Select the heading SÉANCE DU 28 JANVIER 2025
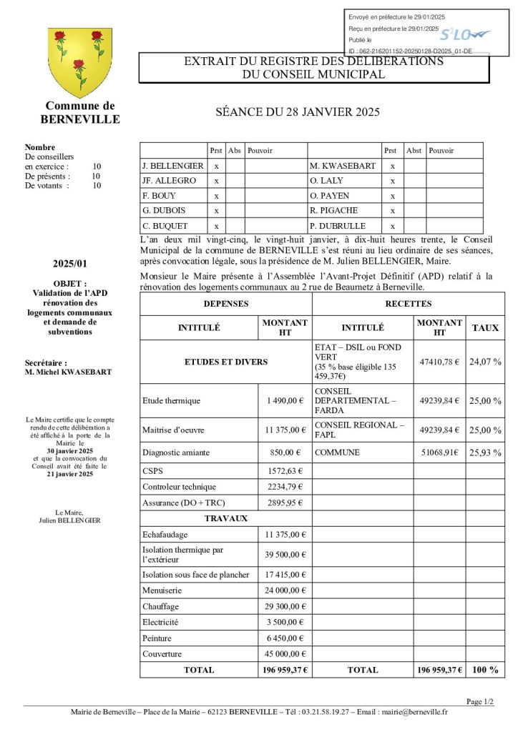point(298,112)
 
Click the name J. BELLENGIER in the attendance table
point(173,166)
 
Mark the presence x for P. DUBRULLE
point(393,226)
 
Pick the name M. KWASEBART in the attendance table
point(343,166)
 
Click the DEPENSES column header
point(226,304)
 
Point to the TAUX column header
point(486,327)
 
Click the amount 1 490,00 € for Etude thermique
point(286,401)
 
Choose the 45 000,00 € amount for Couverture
point(285,654)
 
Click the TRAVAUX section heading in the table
point(226,518)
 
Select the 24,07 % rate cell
point(485,362)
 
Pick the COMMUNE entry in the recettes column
point(337,452)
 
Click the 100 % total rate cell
point(485,670)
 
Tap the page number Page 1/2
point(479,702)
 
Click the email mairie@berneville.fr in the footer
point(413,712)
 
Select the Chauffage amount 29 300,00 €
point(285,606)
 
